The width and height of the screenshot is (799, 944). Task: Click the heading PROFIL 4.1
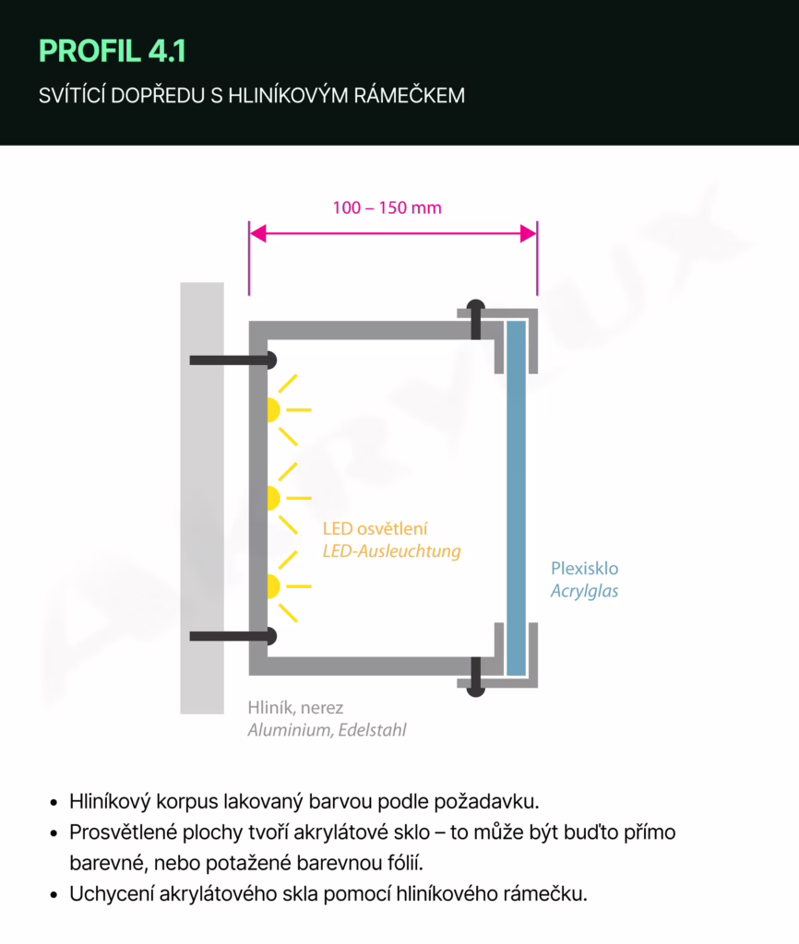(113, 52)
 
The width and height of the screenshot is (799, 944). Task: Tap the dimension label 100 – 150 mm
(388, 207)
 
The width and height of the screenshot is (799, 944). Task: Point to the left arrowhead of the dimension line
(257, 234)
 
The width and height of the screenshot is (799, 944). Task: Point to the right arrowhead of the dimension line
(529, 234)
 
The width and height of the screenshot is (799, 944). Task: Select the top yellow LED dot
(273, 409)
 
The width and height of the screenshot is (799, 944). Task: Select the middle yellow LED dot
(273, 499)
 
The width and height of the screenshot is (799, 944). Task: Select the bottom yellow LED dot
(273, 586)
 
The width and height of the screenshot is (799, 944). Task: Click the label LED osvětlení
(376, 529)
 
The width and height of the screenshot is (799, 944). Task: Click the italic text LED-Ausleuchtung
(391, 551)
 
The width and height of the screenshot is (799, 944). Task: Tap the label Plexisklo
(585, 568)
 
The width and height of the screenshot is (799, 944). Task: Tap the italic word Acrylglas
(585, 591)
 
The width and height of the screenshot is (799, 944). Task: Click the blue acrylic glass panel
(516, 498)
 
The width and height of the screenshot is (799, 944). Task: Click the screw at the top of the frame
(476, 319)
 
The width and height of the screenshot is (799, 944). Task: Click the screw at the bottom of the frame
(476, 677)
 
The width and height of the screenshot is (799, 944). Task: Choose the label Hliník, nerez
(295, 708)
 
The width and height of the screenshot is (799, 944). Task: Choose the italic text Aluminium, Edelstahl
(327, 730)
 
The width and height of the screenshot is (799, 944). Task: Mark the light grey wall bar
(202, 498)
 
